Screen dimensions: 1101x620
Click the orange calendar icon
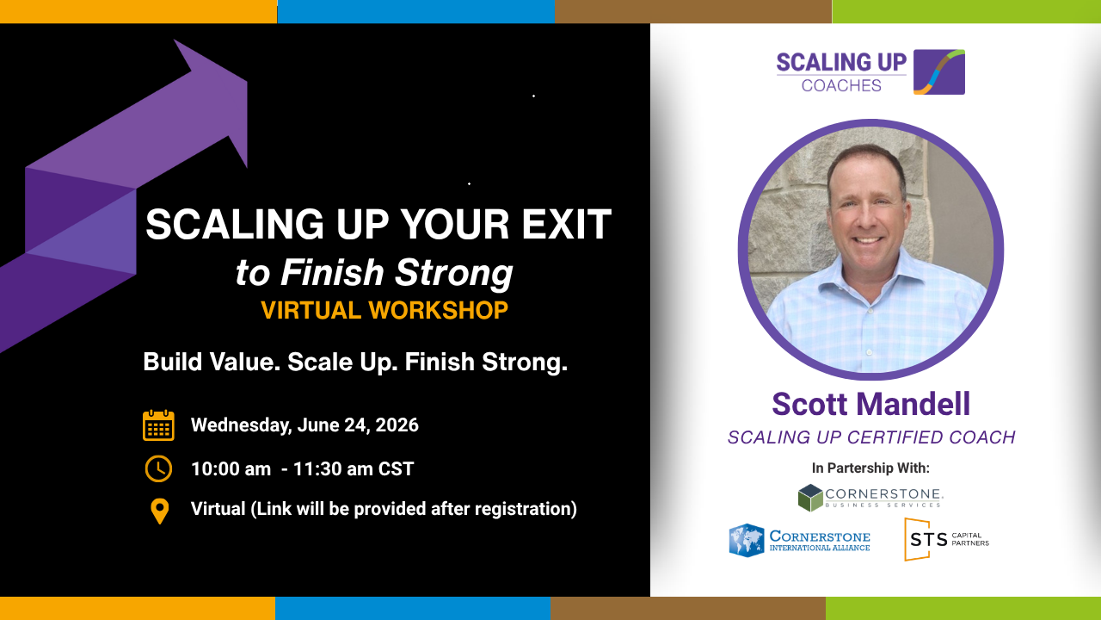coord(158,425)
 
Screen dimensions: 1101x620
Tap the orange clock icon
coord(158,468)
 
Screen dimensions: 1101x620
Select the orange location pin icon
coord(159,512)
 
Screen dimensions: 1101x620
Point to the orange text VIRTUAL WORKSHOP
coord(384,310)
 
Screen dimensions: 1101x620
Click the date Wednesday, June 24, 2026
coord(304,425)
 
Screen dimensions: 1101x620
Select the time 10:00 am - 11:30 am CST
coord(302,469)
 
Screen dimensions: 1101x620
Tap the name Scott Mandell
coord(871,404)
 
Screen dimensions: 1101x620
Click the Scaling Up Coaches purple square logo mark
coord(939,71)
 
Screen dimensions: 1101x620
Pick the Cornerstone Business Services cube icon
coord(810,498)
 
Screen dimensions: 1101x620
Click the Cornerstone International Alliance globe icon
coord(747,540)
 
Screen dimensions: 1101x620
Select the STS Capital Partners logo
coord(947,539)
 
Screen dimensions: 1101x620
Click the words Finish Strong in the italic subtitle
coord(397,272)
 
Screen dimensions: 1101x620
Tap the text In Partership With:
coord(870,468)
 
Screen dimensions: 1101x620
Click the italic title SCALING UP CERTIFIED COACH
coord(871,437)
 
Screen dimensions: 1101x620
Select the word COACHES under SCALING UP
coord(841,85)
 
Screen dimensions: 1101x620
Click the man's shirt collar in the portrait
coord(869,278)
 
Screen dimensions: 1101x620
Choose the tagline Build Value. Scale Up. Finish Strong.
coord(355,363)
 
